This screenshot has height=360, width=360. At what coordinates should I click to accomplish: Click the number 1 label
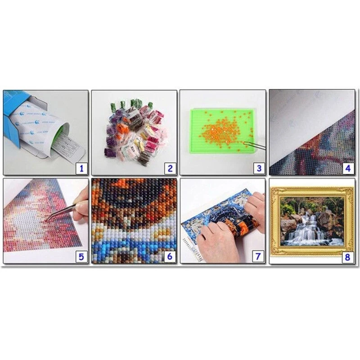(81, 169)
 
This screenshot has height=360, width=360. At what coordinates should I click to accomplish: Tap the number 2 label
(170, 169)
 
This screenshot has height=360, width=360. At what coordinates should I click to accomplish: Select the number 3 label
(259, 169)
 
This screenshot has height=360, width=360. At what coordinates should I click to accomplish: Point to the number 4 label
(347, 169)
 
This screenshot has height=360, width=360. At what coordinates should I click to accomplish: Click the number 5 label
(81, 257)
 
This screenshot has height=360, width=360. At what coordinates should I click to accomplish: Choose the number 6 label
(170, 257)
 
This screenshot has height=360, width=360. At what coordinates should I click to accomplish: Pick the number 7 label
(259, 257)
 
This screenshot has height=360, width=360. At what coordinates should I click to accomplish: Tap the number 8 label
(347, 257)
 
